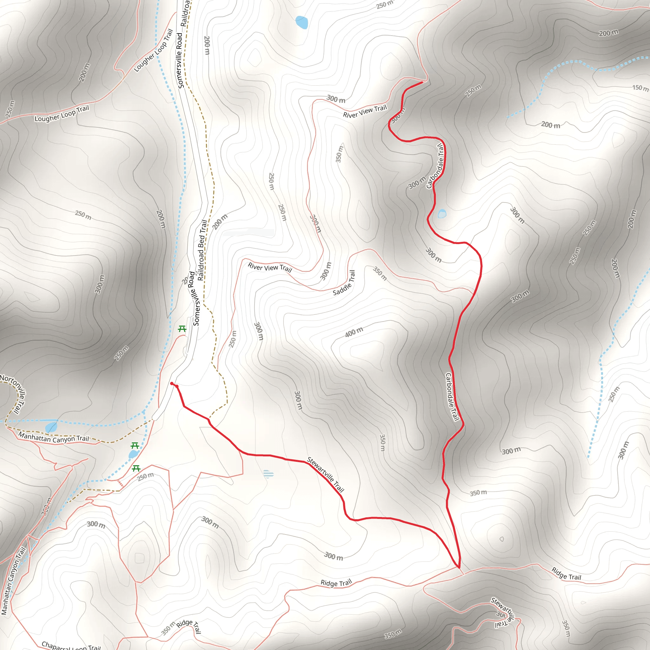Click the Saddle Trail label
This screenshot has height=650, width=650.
coord(344,283)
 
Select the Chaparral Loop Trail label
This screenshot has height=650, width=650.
coord(71,646)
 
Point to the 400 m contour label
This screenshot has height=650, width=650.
coord(354,332)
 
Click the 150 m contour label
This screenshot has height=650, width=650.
coord(640,88)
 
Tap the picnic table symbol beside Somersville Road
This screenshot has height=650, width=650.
coord(182,329)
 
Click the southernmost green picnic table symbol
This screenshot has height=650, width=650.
coord(136,468)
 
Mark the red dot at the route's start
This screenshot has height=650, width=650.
coord(172,383)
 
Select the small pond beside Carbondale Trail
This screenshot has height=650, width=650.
coord(442,214)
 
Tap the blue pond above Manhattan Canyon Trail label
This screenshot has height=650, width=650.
coord(51,427)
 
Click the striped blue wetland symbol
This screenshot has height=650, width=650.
coord(268,474)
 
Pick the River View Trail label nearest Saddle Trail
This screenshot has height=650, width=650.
coord(270,267)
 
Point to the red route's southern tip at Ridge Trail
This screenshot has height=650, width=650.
coord(459,568)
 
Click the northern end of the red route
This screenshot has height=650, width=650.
coord(422,82)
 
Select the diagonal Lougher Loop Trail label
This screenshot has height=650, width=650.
coord(153,50)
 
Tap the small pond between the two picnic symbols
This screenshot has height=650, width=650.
coord(133,454)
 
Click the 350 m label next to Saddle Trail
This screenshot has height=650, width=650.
coord(380,273)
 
